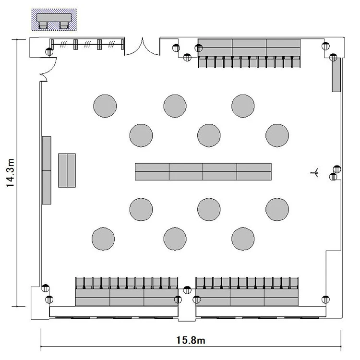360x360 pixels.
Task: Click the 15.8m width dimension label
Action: [x=191, y=340]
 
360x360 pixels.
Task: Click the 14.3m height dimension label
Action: [x=11, y=173]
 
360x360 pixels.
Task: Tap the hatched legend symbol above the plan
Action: [x=54, y=20]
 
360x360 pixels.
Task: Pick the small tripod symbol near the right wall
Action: [x=314, y=172]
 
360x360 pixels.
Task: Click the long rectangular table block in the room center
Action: [x=203, y=172]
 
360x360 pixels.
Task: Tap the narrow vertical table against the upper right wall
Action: [x=336, y=75]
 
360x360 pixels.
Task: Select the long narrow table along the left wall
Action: [x=47, y=170]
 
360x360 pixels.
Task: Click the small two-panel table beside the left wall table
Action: [x=67, y=170]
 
